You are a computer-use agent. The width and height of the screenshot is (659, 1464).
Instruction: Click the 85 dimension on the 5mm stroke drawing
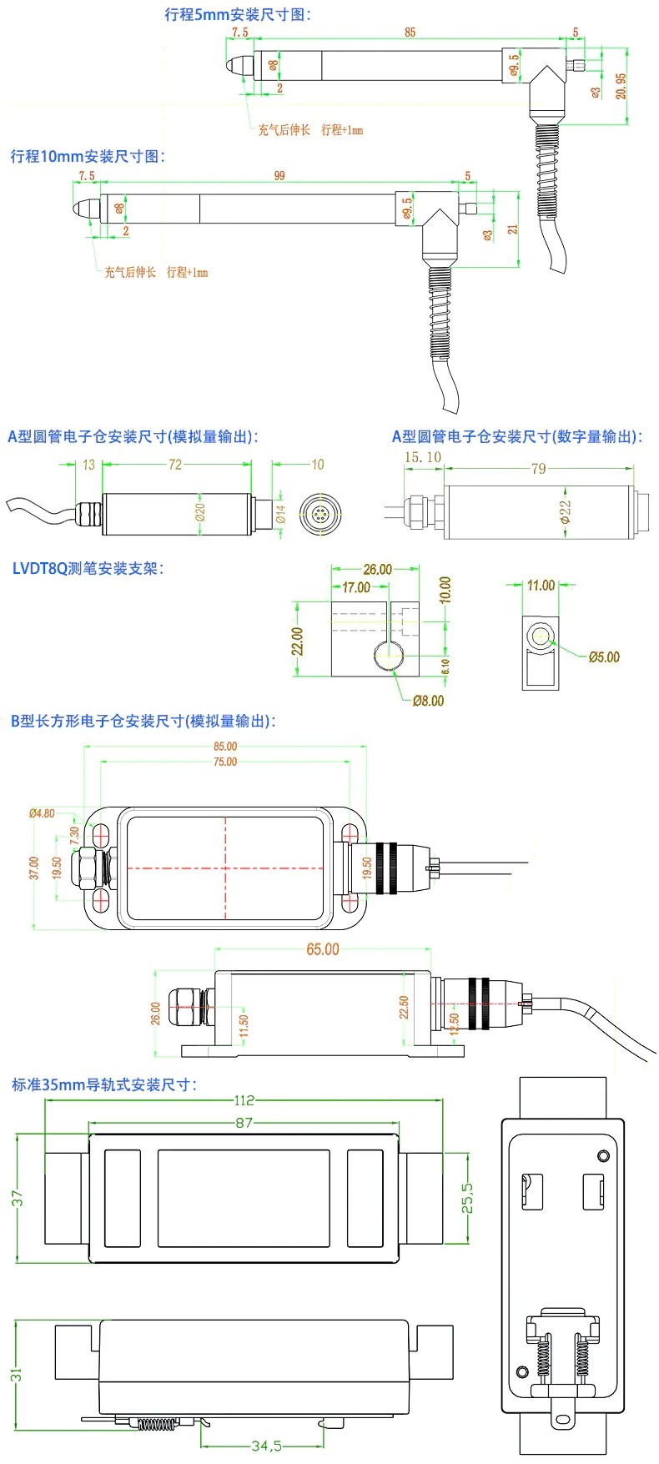pos(410,33)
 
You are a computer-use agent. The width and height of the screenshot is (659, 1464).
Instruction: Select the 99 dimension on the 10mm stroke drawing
pos(279,176)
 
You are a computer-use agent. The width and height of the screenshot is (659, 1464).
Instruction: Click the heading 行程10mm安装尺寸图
pos(88,156)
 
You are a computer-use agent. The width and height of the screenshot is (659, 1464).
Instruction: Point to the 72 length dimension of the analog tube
pos(175,465)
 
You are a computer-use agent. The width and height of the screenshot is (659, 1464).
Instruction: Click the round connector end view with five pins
pos(318,511)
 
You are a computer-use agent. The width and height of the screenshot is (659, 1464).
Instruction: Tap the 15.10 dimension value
pos(423,457)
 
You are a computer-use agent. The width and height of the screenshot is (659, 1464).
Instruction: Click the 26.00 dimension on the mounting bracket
pos(377,570)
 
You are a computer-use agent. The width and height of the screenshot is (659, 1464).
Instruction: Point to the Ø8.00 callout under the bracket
pos(429,701)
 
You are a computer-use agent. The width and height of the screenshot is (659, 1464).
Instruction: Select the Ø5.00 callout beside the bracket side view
pos(604,657)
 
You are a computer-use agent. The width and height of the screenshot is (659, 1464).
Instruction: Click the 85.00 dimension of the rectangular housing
pos(225,747)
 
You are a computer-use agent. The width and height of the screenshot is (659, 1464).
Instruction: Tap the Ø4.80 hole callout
pos(42,813)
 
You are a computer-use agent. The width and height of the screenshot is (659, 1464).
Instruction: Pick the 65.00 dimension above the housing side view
pos(323,949)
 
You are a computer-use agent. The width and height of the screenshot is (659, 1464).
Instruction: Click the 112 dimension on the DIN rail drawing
pos(244,1100)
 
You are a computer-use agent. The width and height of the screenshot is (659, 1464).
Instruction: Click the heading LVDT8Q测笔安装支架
pos(88,569)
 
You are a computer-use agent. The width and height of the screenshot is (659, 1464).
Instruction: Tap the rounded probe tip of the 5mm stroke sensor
pos(235,64)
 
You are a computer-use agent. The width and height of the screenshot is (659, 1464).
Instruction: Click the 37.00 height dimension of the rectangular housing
pos(34,868)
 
